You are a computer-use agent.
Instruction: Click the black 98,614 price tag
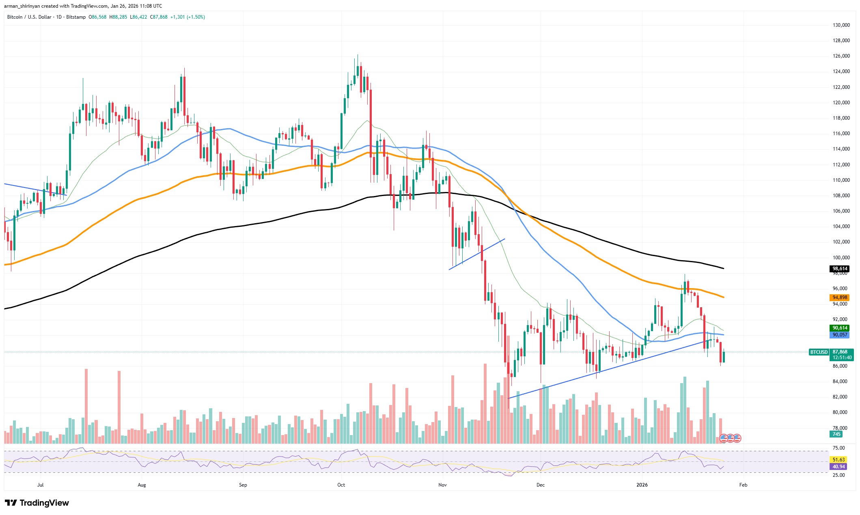point(840,269)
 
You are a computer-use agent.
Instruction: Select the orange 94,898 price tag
point(840,297)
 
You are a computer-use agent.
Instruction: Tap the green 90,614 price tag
point(840,328)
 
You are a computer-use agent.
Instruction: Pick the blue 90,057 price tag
point(840,335)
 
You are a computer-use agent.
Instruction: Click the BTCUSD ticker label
point(819,352)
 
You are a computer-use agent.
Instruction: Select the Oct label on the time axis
point(341,485)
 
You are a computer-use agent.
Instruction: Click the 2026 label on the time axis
point(642,485)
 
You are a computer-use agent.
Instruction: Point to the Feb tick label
point(743,485)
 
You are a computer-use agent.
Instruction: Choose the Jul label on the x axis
point(40,485)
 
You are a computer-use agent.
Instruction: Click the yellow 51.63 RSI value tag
point(838,460)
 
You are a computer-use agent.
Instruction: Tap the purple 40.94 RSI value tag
point(838,467)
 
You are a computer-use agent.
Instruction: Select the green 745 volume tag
point(836,434)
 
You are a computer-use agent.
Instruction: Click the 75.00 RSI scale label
point(838,448)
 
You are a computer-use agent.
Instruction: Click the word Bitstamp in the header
point(76,17)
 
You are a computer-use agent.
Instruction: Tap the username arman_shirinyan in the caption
point(22,6)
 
